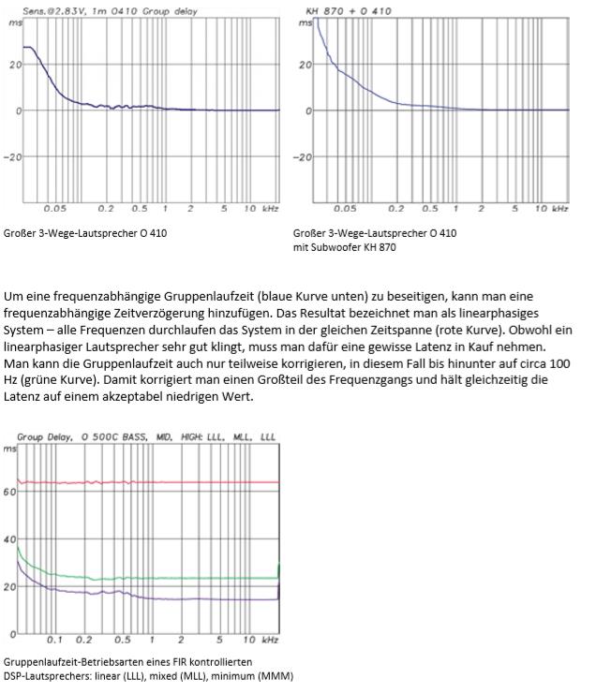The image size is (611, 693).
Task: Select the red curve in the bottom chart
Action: click(150, 482)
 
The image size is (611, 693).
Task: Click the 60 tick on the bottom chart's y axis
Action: click(9, 491)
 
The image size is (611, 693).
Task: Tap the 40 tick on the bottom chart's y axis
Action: click(9, 539)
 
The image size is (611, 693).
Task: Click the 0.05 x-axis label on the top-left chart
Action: click(54, 209)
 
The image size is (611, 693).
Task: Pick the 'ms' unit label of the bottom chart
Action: click(8, 450)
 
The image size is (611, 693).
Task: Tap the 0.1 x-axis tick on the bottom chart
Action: click(54, 640)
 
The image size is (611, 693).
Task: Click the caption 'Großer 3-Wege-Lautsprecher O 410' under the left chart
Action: click(85, 233)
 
